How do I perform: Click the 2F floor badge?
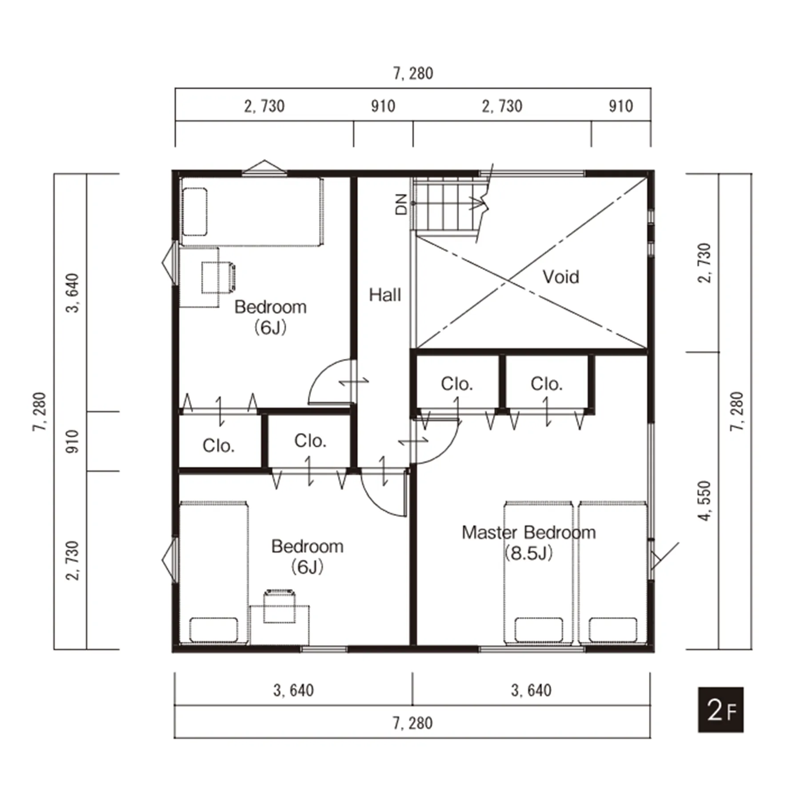pos(720,710)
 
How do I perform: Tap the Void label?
pos(560,277)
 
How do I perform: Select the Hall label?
pos(385,295)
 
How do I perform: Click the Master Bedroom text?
pos(528,532)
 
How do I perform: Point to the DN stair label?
pos(401,204)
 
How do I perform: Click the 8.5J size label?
pos(529,553)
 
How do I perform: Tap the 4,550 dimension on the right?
pos(704,500)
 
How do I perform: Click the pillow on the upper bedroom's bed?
pos(195,212)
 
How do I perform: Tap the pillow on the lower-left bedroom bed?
pos(213,629)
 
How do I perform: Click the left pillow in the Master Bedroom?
pos(539,629)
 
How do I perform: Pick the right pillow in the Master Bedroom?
pos(613,629)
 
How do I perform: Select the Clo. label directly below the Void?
pos(457,384)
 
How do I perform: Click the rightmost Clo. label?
pos(547,384)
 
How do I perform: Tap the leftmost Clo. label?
pos(219,445)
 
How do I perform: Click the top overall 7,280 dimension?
pos(413,73)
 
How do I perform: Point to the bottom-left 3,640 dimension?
pos(293,690)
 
